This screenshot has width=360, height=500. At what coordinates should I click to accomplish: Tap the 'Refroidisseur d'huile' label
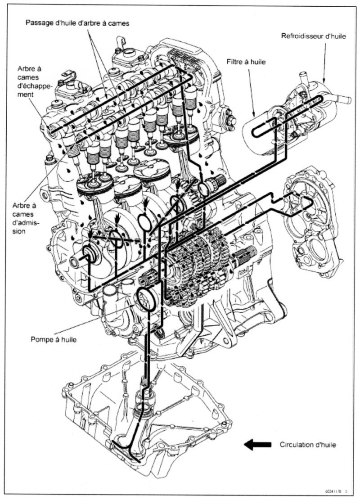[x=314, y=36]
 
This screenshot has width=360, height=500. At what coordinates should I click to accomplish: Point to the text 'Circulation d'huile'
[x=308, y=445]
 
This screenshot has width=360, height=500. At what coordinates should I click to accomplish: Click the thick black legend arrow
[x=257, y=445]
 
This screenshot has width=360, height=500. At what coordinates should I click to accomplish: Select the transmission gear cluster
[x=198, y=266]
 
